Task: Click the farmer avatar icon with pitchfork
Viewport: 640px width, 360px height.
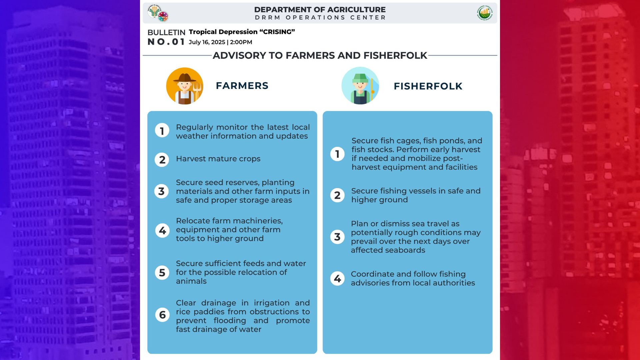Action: pyautogui.click(x=185, y=86)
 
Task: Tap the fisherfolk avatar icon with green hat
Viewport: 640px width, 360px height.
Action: pyautogui.click(x=360, y=86)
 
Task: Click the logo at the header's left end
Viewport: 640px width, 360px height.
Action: pyautogui.click(x=158, y=13)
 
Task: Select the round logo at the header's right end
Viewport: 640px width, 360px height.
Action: pyautogui.click(x=485, y=13)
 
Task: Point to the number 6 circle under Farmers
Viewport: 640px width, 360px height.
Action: pyautogui.click(x=162, y=315)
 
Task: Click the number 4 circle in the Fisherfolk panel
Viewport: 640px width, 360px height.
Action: pyautogui.click(x=337, y=278)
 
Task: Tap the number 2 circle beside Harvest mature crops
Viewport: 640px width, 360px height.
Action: pyautogui.click(x=162, y=160)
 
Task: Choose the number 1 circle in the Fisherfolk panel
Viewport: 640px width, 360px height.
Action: pyautogui.click(x=337, y=154)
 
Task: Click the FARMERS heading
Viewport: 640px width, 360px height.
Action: pyautogui.click(x=242, y=86)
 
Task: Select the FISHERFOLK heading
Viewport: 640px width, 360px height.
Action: pyautogui.click(x=428, y=86)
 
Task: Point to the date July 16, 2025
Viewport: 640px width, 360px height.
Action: pyautogui.click(x=207, y=42)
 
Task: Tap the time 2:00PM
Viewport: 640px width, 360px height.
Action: pyautogui.click(x=241, y=42)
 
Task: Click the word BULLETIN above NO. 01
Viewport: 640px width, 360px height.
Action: pyautogui.click(x=166, y=33)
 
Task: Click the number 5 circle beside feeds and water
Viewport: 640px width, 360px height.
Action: pyautogui.click(x=162, y=273)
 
